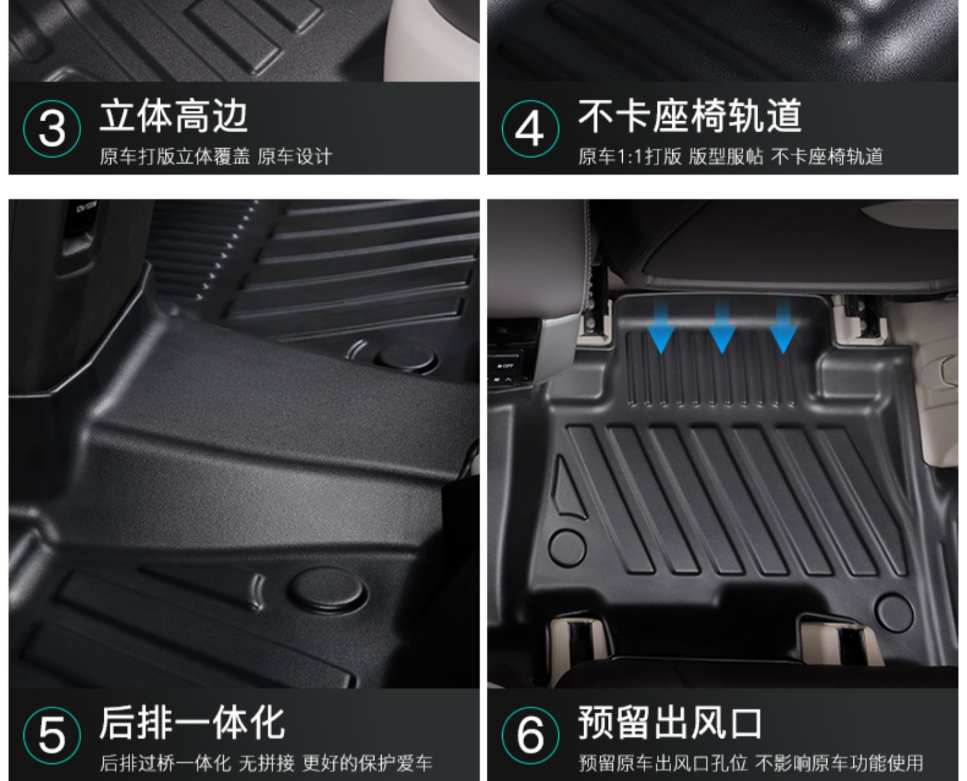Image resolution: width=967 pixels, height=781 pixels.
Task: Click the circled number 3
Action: coord(52,128)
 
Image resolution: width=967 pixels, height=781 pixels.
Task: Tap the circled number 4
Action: coord(531,128)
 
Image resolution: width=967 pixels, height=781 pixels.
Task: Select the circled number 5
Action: coord(52,736)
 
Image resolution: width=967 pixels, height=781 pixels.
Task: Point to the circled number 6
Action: coord(531,736)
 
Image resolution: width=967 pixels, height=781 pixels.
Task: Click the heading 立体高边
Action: coord(173,116)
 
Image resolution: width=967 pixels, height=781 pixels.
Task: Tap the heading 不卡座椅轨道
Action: coord(690,116)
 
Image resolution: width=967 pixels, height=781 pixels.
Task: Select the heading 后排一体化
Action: coord(192,723)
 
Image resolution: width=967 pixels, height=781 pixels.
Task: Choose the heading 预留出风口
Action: coord(670,723)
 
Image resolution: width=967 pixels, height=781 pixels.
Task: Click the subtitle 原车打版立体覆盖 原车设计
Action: coord(216,157)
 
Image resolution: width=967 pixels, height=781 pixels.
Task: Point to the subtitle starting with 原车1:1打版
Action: coord(730,157)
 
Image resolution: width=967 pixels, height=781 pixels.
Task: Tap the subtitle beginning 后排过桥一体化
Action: coord(266,764)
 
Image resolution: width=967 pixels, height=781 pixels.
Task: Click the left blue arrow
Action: coord(661,327)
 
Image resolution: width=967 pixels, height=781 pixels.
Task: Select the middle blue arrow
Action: coord(722,327)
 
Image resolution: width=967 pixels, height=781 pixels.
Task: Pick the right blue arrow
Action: coord(783,327)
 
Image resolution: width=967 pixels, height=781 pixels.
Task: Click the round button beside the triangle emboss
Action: coord(567,548)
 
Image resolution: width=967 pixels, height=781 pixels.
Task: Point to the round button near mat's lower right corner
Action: coord(894,613)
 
